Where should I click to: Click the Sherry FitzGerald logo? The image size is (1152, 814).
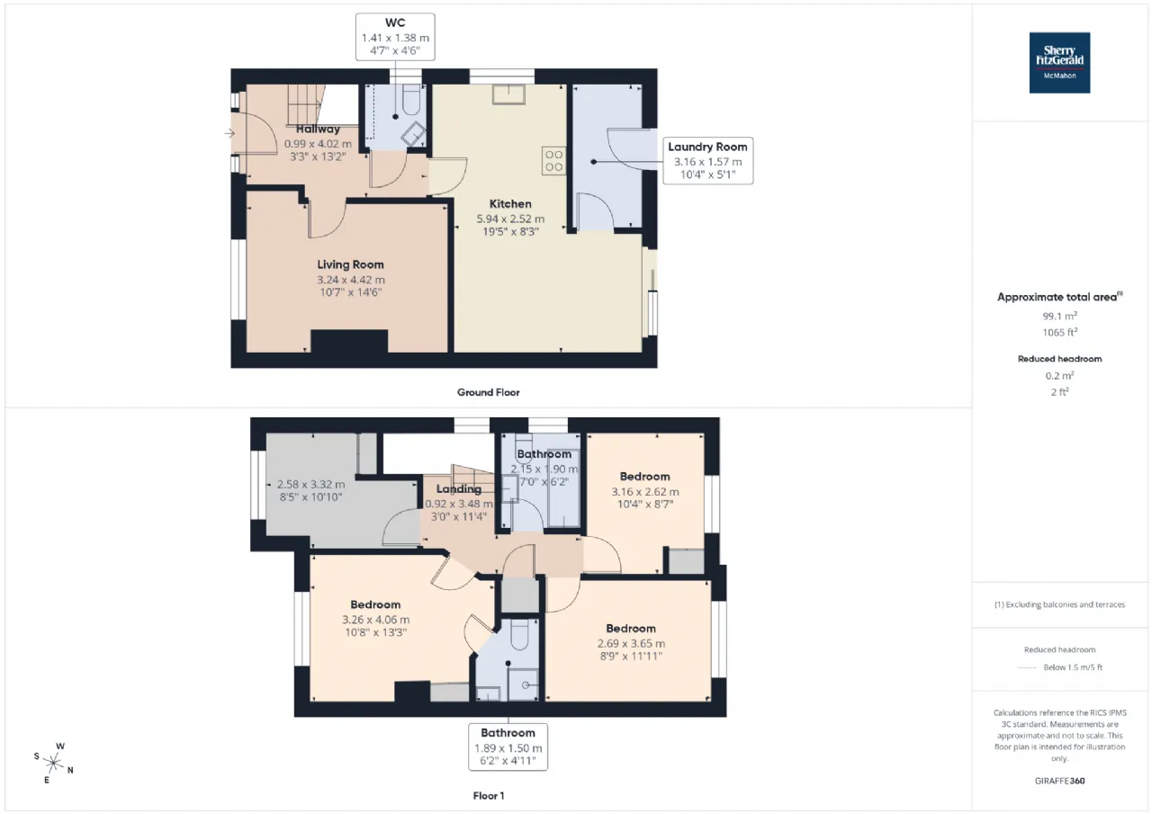coord(1059,63)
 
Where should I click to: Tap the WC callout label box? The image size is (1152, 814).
coord(395,37)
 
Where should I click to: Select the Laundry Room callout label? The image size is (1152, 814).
coord(707,160)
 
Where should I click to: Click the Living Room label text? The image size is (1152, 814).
coord(350,264)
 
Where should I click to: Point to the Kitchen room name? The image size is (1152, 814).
coord(510,204)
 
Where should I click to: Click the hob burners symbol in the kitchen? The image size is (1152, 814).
coord(553,160)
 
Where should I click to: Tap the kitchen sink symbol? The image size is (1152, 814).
coord(508,94)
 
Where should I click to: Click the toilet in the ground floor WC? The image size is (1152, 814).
coord(412,100)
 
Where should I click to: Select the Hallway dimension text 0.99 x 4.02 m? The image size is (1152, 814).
coord(318,144)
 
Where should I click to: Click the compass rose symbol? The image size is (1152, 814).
coord(53,763)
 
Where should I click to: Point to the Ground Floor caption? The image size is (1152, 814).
coord(488,393)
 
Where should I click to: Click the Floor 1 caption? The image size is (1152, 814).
coord(489,796)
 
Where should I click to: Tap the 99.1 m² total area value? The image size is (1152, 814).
coord(1059,316)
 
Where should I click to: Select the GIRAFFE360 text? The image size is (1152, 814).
coord(1059,781)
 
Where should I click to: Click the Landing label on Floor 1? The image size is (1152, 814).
coord(459,489)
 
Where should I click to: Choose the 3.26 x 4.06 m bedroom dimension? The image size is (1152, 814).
coord(376,620)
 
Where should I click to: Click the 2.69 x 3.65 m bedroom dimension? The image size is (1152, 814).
coord(631,643)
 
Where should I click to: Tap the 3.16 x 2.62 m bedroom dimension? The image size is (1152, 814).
coord(645,492)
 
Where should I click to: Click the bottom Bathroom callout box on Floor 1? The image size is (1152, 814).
coord(508,747)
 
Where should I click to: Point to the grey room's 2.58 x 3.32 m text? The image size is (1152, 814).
coord(310,485)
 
